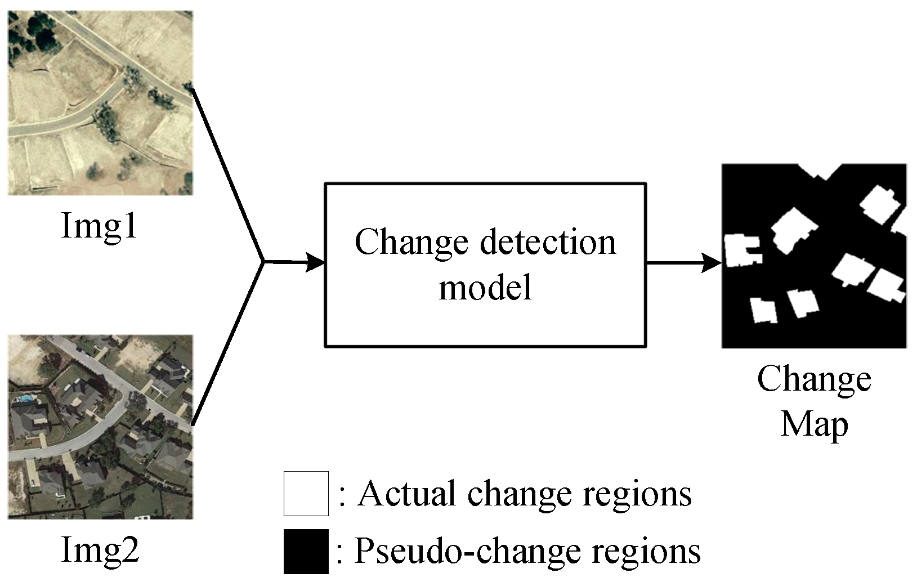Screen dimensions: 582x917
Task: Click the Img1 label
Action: [99, 226]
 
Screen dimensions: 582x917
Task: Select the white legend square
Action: [306, 494]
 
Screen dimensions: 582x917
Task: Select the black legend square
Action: [306, 552]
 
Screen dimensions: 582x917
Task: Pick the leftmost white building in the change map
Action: [740, 251]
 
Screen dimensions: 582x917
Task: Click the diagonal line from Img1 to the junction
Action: [227, 174]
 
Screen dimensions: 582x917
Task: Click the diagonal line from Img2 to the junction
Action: [227, 343]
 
